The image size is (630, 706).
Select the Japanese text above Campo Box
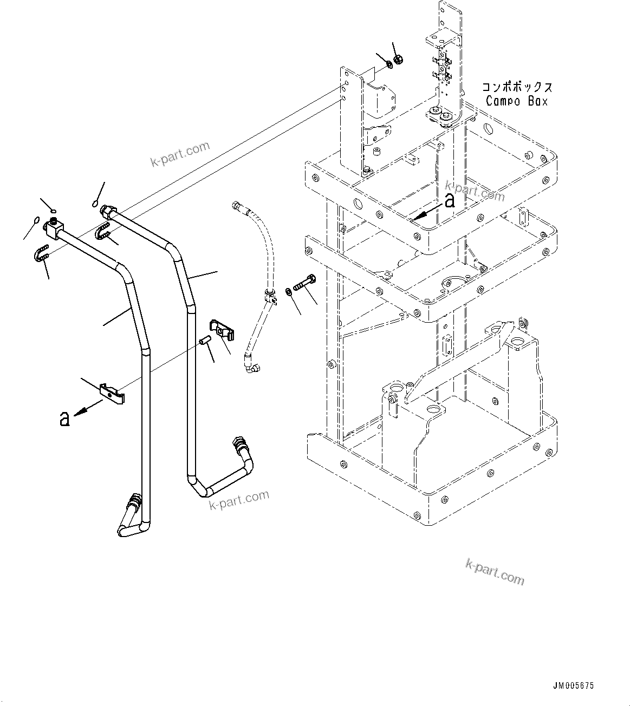click(x=517, y=87)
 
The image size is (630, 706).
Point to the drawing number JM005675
click(x=574, y=685)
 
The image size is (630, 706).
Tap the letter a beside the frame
click(x=449, y=201)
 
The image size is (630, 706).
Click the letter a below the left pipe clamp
click(x=65, y=418)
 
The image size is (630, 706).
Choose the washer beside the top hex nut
click(x=389, y=66)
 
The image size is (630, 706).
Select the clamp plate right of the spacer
click(x=222, y=330)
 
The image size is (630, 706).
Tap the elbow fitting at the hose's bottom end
click(x=251, y=367)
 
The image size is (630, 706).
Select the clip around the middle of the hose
click(x=270, y=295)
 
